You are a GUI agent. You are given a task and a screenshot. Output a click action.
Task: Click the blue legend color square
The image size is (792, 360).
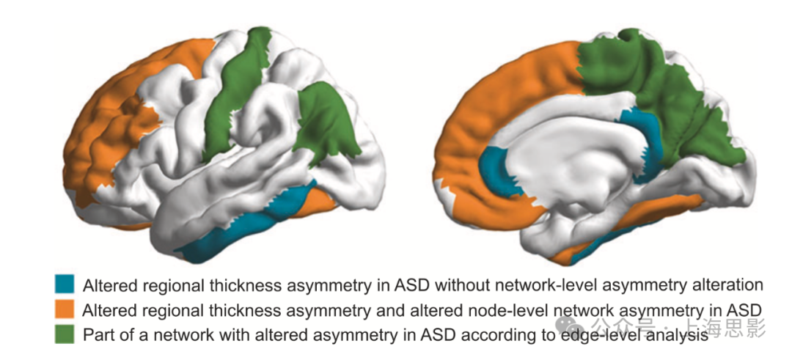(x=65, y=284)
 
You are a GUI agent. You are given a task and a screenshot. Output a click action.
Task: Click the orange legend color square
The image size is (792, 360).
(x=65, y=309)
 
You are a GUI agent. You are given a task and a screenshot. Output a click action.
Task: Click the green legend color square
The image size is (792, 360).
(x=65, y=334)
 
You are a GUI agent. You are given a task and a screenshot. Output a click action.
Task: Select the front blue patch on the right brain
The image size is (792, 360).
(x=499, y=169)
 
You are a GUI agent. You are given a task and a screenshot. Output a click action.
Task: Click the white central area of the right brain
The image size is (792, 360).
(x=572, y=169)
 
